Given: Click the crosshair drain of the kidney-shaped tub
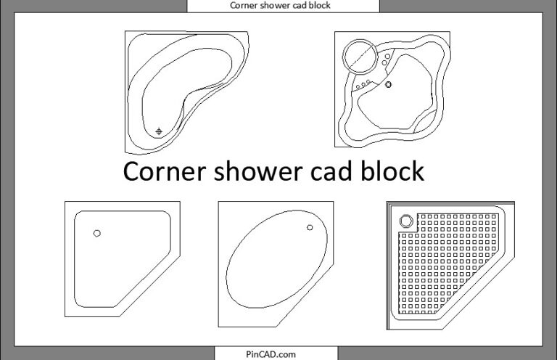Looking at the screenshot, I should [160, 131].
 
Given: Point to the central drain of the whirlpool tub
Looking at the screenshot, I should [389, 85].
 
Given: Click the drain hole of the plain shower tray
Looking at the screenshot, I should [97, 233].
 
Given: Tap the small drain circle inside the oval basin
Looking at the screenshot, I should [310, 228].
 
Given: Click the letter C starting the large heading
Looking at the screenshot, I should [133, 172].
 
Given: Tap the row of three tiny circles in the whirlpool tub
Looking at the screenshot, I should [363, 85].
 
